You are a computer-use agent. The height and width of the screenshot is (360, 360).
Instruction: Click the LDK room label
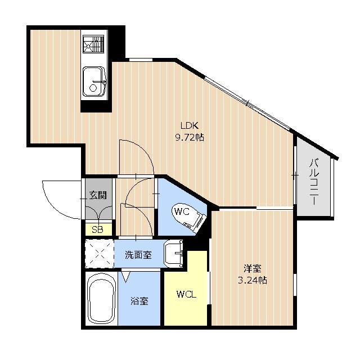click(x=190, y=125)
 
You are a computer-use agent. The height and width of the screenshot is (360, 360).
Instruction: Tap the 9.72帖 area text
click(x=190, y=137)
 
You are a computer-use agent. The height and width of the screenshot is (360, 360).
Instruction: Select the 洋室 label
click(x=253, y=268)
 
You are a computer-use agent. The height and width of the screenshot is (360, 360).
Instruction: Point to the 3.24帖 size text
click(x=253, y=280)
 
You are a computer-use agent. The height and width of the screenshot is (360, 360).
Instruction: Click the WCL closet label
click(x=186, y=294)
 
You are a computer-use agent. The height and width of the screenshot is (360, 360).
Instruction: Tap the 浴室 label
click(x=139, y=301)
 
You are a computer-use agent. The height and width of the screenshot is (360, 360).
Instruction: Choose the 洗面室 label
click(x=138, y=255)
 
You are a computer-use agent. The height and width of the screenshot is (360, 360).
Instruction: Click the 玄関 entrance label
click(x=98, y=195)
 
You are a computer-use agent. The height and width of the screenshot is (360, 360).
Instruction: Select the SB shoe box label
click(x=97, y=229)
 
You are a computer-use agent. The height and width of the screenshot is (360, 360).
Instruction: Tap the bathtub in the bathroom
click(x=101, y=299)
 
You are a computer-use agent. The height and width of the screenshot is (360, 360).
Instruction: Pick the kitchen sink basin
click(x=94, y=81)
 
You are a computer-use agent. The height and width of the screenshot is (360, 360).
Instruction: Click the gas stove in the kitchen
click(x=93, y=44)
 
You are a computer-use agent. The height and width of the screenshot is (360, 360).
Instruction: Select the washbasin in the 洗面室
click(x=174, y=254)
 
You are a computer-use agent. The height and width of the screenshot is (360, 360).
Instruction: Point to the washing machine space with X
click(x=100, y=253)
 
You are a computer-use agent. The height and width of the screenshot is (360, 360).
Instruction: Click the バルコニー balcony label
click(x=314, y=181)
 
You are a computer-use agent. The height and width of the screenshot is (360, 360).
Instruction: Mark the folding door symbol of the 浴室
click(x=126, y=276)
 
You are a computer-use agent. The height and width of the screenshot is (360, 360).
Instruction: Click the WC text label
click(x=182, y=211)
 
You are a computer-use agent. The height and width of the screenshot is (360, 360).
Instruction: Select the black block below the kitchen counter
click(x=96, y=106)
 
